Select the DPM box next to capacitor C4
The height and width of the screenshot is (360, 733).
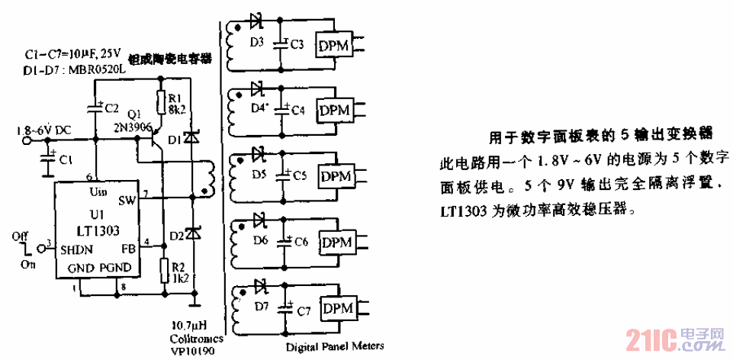[335, 111]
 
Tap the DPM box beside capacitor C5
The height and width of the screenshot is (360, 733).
[335, 176]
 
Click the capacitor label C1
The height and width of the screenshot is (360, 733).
[66, 161]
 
